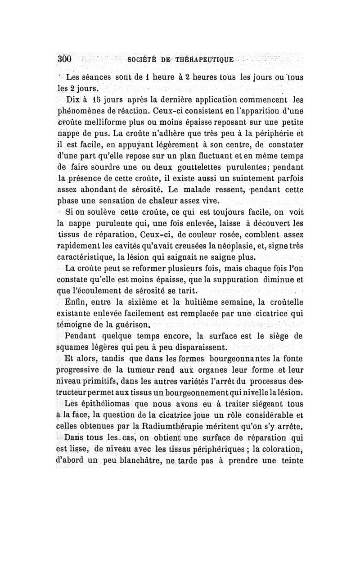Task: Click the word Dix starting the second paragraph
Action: click(73, 99)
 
